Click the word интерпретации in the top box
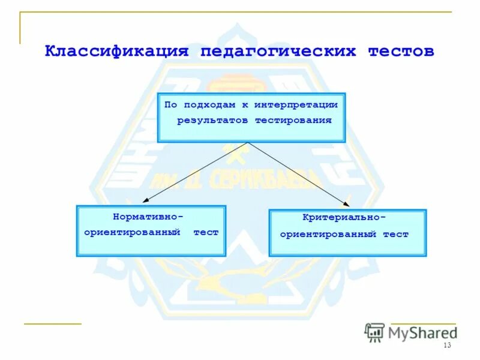296,104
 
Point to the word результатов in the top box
213,120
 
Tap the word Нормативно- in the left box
148,216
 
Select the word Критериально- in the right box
344,217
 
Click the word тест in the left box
206,232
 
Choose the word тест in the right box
396,235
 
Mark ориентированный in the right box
328,235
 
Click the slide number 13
446,346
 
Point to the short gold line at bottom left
52,324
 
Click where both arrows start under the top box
248,143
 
